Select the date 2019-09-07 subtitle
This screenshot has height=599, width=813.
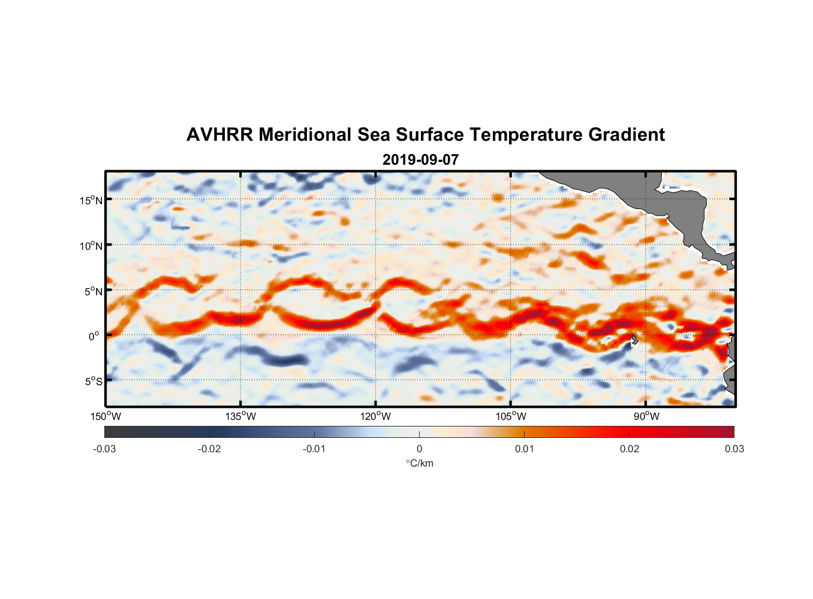[420, 160]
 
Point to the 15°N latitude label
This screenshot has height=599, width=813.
[91, 200]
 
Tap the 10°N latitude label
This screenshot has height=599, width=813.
[91, 246]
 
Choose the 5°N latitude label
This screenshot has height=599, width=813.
[93, 291]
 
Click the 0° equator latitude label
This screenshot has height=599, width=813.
[94, 336]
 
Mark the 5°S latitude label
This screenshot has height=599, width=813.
[93, 382]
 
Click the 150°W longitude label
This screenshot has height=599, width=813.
[106, 416]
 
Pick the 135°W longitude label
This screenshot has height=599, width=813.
[241, 416]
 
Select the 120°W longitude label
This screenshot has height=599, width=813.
[376, 416]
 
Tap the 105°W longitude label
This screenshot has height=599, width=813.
[511, 416]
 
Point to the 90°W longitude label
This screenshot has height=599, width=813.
[646, 416]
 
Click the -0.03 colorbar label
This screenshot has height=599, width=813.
[104, 449]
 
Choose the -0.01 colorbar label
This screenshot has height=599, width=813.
[314, 449]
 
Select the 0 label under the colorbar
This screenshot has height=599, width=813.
[419, 449]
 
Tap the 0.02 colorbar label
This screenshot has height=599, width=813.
[630, 449]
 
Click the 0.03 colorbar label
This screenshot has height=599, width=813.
[734, 449]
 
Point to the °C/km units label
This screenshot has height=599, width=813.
[420, 463]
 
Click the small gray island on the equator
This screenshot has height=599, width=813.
[634, 339]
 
